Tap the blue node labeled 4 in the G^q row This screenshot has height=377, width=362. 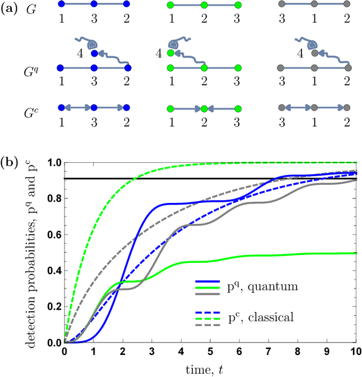(94, 55)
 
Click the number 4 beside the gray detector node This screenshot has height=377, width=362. (301, 55)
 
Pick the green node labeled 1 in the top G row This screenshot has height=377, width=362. (171, 5)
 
